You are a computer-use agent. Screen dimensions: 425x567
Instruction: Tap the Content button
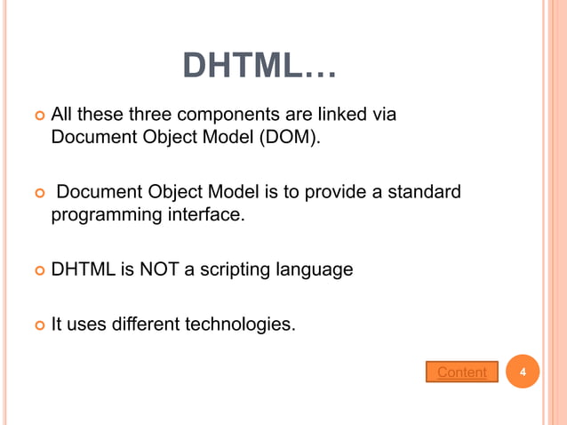[x=461, y=372]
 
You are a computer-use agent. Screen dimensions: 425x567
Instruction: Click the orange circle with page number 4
[x=523, y=372]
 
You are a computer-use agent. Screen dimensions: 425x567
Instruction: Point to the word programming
[x=102, y=214]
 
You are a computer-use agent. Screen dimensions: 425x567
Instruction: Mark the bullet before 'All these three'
[x=37, y=116]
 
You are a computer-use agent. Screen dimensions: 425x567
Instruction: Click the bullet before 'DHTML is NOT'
[x=37, y=269]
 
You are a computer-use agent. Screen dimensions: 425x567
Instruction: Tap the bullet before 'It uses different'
[x=37, y=325]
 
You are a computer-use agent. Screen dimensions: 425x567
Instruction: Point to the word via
[x=383, y=115]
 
